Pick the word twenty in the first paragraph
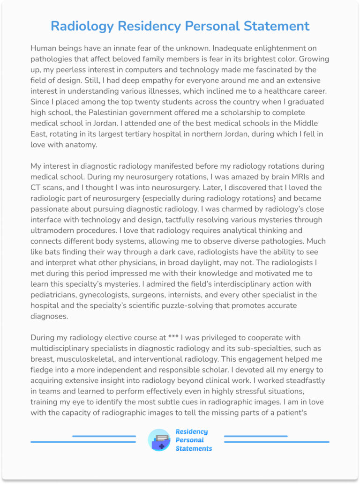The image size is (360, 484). (x=152, y=102)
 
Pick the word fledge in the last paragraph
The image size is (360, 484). (x=41, y=370)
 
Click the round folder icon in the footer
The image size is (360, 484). (x=159, y=440)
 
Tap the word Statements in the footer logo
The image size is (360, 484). (x=194, y=448)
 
